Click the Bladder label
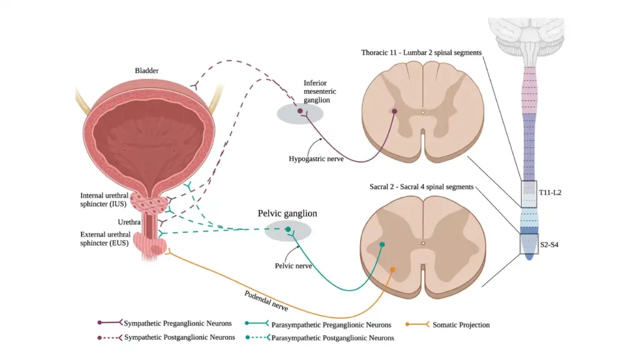(147, 71)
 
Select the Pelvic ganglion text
(287, 213)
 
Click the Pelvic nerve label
(292, 266)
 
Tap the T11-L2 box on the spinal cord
(529, 193)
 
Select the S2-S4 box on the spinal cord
(529, 244)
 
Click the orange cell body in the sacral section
(393, 270)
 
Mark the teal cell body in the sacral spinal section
(382, 244)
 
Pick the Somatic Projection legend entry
(461, 325)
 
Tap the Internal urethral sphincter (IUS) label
(104, 199)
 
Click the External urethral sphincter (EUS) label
(104, 239)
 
